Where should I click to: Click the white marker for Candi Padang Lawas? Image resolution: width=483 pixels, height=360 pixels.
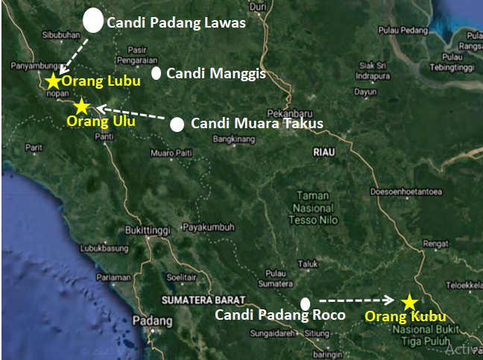[x=92, y=20]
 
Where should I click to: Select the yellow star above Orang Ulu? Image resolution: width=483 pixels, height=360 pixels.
[x=81, y=107]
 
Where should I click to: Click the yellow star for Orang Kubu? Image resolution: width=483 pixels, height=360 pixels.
[x=408, y=302]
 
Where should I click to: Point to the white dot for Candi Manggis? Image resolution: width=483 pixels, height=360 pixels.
[x=157, y=73]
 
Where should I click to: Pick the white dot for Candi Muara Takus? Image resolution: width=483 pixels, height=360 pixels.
[x=177, y=124]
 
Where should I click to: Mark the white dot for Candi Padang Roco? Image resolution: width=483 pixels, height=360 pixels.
[x=305, y=303]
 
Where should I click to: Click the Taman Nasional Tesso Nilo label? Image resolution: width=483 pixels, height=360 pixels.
[x=315, y=207]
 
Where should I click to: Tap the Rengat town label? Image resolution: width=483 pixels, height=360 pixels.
[x=434, y=241]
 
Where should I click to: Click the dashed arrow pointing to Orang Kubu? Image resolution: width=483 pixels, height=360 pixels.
[x=356, y=300]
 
